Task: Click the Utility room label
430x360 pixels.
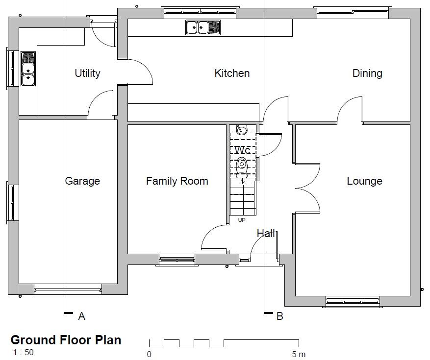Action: click(87, 73)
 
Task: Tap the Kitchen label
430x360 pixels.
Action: click(232, 73)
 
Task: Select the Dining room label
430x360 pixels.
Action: click(367, 73)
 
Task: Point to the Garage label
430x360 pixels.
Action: click(82, 181)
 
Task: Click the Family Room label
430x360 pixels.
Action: click(177, 181)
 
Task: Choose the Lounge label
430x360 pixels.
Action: click(364, 181)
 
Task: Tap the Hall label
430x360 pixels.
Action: click(266, 234)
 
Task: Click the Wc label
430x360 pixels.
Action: click(243, 150)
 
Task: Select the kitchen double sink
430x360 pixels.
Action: click(203, 27)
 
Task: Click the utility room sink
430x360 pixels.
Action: click(28, 69)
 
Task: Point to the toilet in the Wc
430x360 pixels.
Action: click(241, 166)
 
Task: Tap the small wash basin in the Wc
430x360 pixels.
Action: click(241, 130)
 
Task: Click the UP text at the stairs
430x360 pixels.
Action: click(242, 220)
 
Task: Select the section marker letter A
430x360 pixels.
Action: click(82, 316)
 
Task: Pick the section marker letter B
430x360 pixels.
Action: click(280, 316)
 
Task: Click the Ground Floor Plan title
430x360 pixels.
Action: click(66, 340)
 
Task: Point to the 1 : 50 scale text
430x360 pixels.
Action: click(23, 352)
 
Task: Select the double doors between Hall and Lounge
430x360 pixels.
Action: click(307, 187)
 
